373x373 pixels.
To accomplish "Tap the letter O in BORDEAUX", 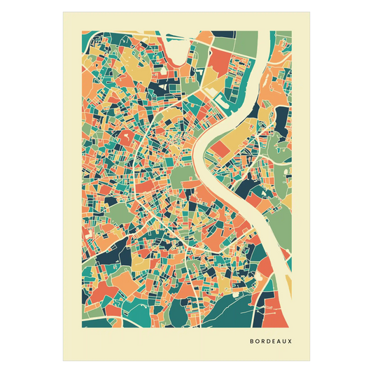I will [256, 342].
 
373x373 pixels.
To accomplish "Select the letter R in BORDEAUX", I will [262, 342].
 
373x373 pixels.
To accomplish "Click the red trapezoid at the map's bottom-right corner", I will [281, 308].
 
